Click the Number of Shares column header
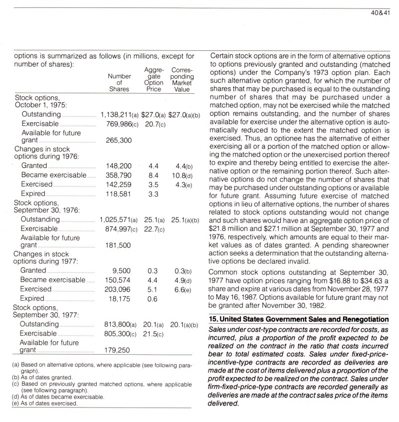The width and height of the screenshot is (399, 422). coord(119,82)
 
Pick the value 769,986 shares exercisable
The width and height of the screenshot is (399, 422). coord(116,123)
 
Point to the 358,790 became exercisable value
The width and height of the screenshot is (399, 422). coord(119,176)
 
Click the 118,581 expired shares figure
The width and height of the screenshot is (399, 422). coord(119,193)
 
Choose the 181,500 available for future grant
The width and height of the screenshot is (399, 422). coord(119,245)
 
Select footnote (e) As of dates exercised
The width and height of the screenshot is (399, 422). coord(45,403)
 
